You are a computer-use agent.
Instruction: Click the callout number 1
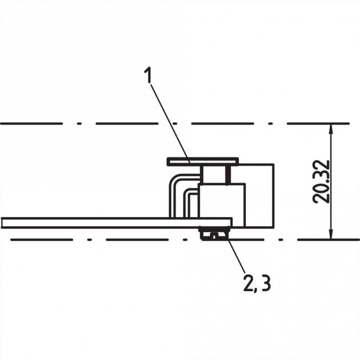148,76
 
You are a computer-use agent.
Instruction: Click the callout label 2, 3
257,283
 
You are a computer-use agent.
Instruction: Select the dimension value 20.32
322,181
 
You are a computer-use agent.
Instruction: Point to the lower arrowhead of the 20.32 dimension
331,233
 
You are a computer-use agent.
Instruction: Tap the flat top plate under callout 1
202,161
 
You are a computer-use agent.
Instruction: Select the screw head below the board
214,234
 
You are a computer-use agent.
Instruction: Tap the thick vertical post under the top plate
228,174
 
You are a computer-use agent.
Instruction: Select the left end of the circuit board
4,222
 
